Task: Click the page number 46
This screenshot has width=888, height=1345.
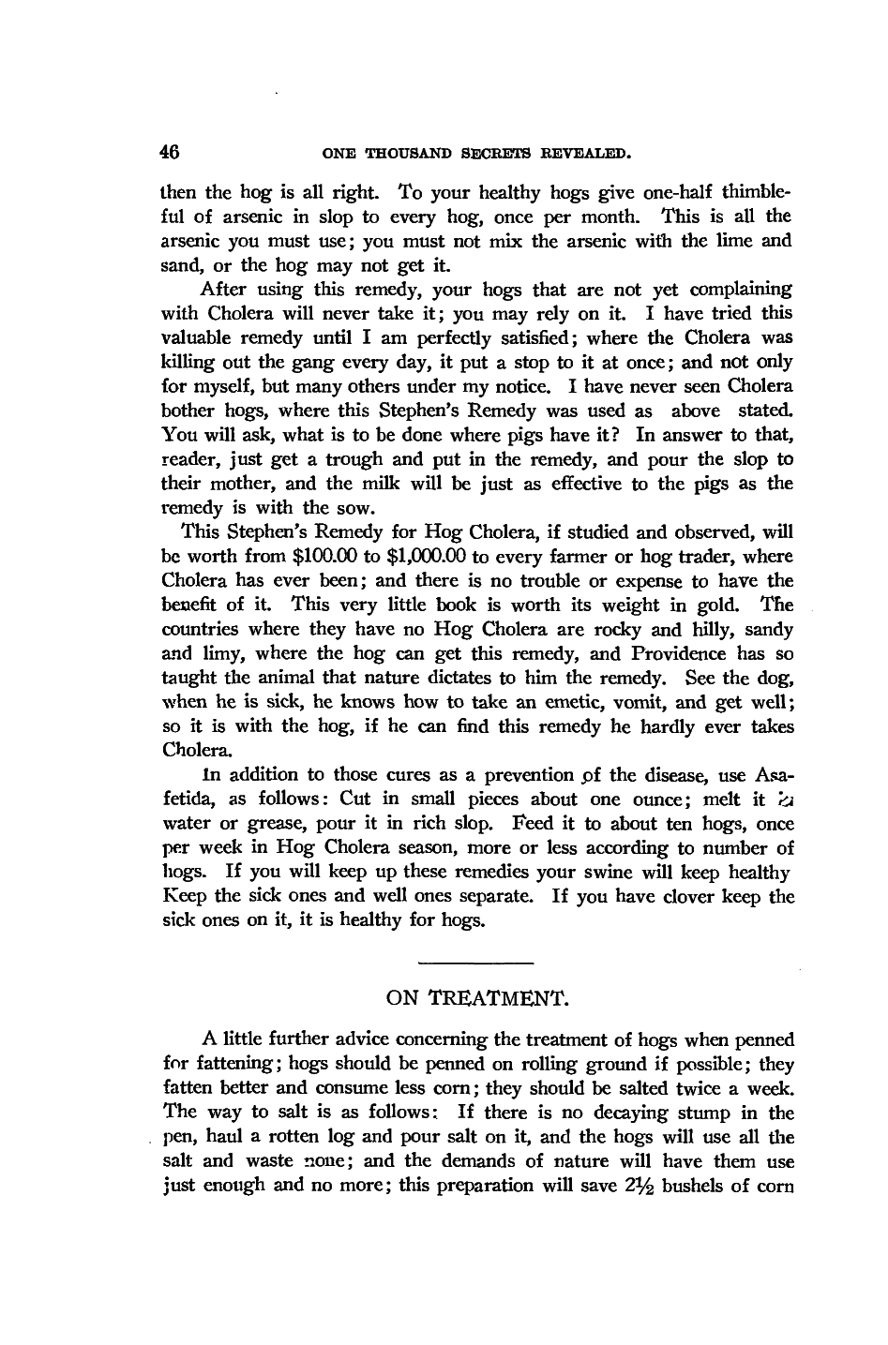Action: [x=170, y=151]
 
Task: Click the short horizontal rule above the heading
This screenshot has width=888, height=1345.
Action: [x=474, y=963]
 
